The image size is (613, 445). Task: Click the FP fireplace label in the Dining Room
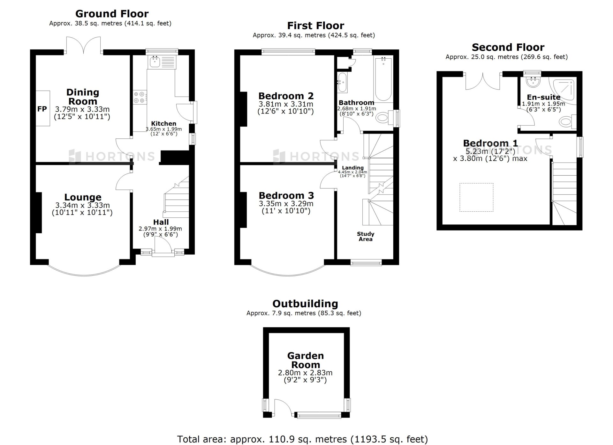tap(42, 109)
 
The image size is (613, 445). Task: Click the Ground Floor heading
tap(112, 14)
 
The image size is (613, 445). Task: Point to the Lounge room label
tap(83, 197)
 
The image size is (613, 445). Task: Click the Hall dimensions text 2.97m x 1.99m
tap(160, 229)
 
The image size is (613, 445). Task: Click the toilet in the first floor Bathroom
tap(385, 117)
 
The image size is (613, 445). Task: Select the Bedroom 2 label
tap(286, 96)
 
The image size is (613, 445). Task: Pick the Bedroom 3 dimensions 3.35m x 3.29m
tap(286, 204)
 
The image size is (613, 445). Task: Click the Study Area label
tap(366, 237)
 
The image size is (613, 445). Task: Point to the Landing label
tap(353, 168)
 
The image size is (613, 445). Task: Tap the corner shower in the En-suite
tap(563, 91)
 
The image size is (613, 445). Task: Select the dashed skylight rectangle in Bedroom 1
tap(476, 197)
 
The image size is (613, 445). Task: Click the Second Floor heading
tap(508, 47)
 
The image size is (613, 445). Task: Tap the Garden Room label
tap(306, 360)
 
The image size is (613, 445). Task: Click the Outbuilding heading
tap(305, 304)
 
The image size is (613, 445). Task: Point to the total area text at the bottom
tap(302, 439)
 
